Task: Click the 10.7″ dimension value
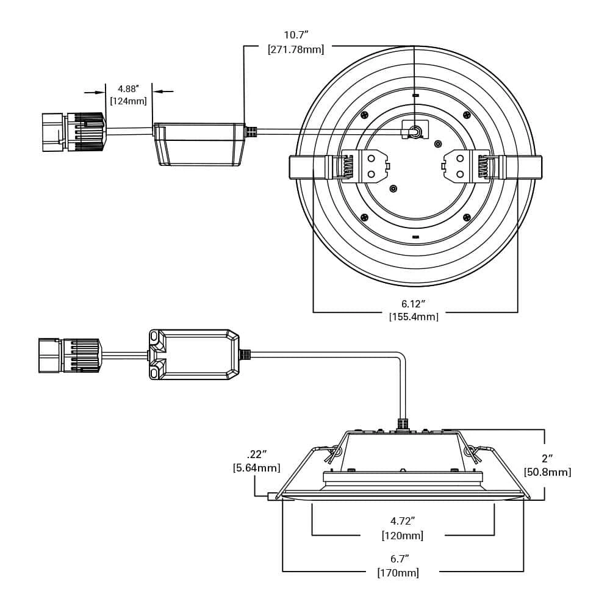296,35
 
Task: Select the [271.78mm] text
296,49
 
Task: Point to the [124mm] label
129,101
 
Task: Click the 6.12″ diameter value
413,304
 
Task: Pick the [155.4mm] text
414,317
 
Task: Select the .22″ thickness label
257,454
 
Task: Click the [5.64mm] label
257,468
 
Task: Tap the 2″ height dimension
547,459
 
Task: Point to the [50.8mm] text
547,472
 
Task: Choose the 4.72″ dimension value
403,522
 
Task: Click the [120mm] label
403,536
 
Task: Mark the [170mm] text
398,573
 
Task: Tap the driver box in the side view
194,355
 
